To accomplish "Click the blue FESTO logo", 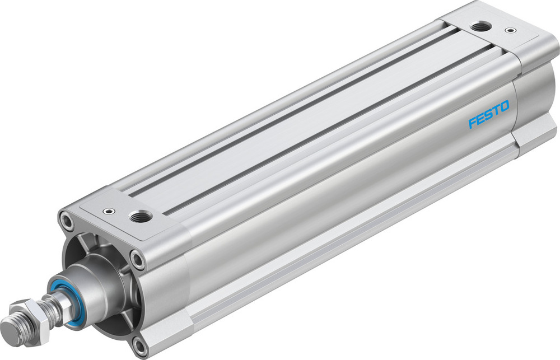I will [488, 114].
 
